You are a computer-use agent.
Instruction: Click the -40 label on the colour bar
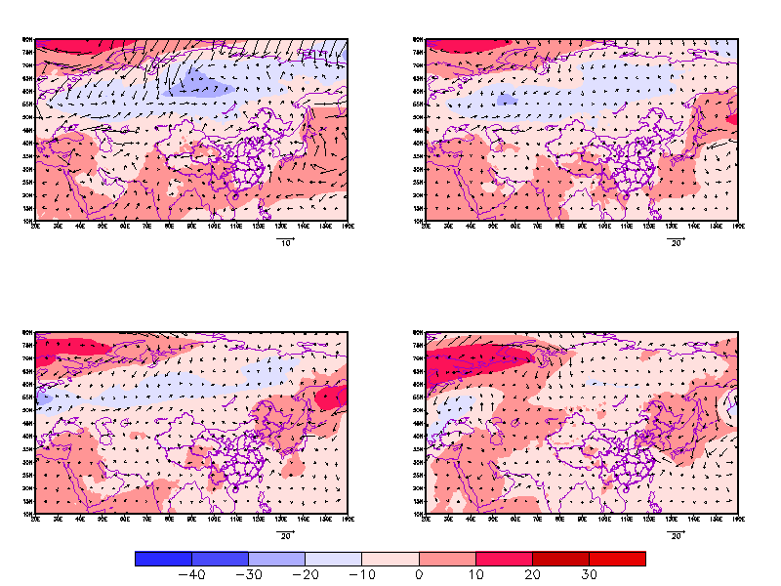(191, 575)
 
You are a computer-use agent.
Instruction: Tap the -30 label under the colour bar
(248, 575)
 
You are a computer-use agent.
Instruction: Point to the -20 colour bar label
(305, 575)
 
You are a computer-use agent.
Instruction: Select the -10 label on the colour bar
(361, 575)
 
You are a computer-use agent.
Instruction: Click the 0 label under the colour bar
(419, 575)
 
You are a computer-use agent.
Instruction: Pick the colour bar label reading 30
(589, 575)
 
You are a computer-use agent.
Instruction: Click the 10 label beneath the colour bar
(475, 575)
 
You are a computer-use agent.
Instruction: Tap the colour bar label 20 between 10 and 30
(532, 575)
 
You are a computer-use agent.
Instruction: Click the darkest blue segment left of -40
(163, 559)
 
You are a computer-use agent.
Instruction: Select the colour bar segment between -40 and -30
(220, 559)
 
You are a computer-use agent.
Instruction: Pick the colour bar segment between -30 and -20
(276, 559)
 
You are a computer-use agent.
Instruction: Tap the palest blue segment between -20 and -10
(333, 559)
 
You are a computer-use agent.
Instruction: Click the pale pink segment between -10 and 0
(390, 559)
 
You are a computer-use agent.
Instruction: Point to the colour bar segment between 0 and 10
(447, 559)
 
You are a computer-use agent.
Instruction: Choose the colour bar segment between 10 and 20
(504, 559)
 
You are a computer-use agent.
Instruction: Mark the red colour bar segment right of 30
(617, 559)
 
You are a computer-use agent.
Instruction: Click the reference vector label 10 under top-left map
(285, 243)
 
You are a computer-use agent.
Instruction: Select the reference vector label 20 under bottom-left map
(285, 536)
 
